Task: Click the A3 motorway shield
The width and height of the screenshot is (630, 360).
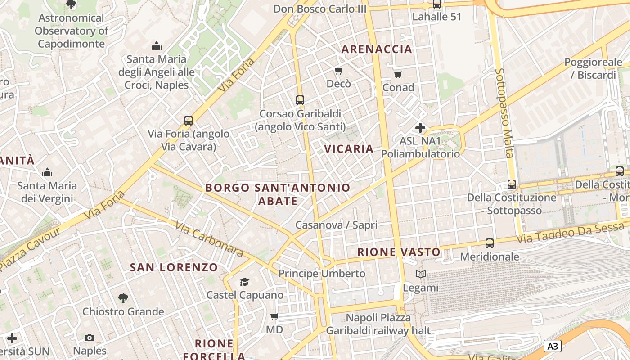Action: point(553,346)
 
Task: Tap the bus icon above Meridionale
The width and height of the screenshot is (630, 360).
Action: point(489,243)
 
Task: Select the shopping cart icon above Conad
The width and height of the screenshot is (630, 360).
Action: point(398,74)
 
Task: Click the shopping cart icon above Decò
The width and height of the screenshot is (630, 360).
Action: point(338,71)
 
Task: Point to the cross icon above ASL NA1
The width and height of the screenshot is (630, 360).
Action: point(420,128)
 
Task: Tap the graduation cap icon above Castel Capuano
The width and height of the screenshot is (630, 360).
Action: point(244,282)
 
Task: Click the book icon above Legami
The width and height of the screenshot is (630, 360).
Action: point(420,274)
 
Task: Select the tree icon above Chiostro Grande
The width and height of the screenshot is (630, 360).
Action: point(123,298)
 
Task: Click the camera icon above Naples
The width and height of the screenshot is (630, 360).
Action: point(90,337)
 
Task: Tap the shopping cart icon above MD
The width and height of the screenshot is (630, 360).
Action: point(274,316)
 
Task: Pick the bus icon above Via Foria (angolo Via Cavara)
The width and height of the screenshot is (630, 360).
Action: point(189,121)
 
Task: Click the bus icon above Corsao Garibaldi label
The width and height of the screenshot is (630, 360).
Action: point(300,100)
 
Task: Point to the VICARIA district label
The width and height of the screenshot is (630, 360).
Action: point(349,149)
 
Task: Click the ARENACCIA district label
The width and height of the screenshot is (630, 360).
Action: point(377,49)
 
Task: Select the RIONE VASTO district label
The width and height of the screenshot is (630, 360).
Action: point(399,252)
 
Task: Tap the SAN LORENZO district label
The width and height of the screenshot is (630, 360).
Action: point(174,267)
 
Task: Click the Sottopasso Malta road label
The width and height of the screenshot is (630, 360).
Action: point(504,113)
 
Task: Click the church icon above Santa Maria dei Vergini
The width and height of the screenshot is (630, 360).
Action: point(47,172)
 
